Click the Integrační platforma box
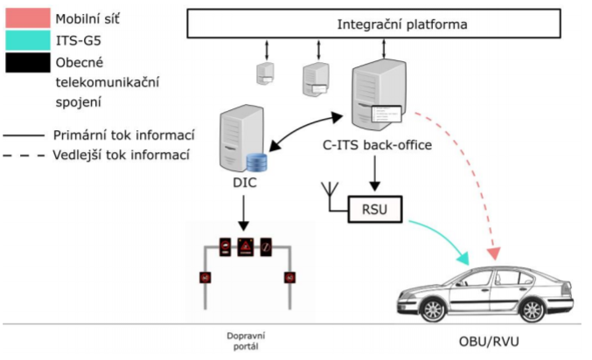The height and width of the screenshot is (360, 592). [x=385, y=24]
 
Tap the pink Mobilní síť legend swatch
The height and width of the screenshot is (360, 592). [x=27, y=17]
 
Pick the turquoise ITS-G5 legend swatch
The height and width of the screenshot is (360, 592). [x=27, y=40]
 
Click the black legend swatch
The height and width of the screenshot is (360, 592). [x=27, y=64]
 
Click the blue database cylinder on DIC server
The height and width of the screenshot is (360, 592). [x=255, y=163]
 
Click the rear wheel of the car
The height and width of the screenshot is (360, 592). [x=531, y=308]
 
